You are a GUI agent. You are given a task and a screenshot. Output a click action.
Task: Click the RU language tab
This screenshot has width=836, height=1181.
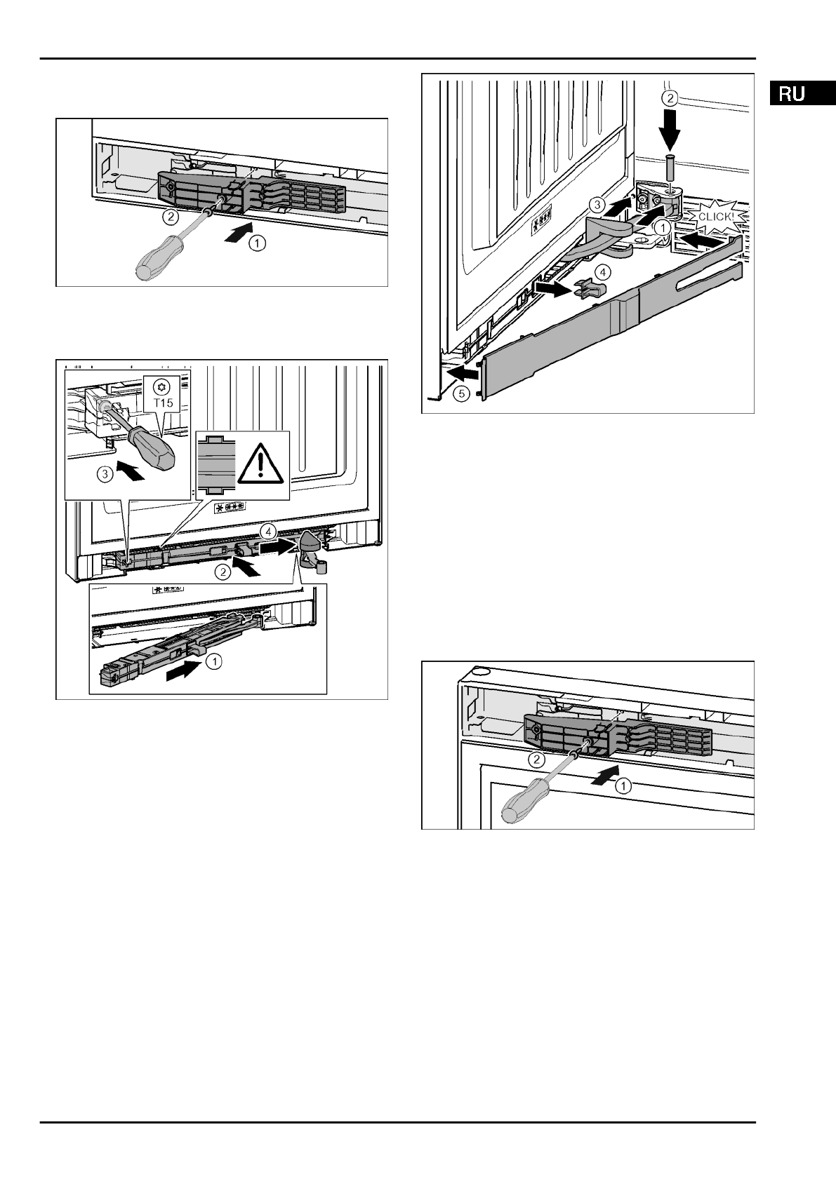point(791,93)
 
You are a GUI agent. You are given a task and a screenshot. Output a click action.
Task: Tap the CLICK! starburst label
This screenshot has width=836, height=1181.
point(715,216)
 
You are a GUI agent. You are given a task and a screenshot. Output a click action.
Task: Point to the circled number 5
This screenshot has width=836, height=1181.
point(460,393)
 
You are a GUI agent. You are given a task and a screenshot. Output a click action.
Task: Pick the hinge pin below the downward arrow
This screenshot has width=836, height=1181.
point(670,166)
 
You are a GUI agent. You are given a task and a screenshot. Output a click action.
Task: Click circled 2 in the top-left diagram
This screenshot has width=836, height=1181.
point(169,217)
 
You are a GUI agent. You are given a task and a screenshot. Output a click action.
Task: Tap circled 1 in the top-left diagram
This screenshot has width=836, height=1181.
point(258,243)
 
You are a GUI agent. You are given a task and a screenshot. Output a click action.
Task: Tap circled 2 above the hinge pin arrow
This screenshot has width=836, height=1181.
point(671,97)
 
